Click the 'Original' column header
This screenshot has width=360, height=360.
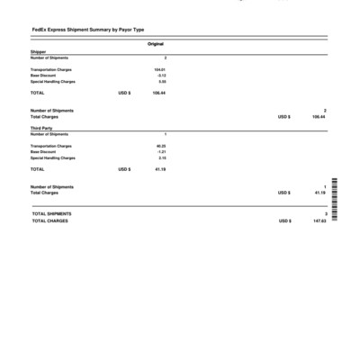(155, 44)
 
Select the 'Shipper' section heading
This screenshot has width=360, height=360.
(38, 52)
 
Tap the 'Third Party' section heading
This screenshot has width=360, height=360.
(41, 129)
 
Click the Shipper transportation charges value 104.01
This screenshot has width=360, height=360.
(159, 69)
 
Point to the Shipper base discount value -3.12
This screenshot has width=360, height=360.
(161, 76)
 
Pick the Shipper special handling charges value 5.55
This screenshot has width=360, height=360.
(162, 82)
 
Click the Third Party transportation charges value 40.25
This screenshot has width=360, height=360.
(161, 146)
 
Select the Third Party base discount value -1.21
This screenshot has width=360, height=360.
(161, 152)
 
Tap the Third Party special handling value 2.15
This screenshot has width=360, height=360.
(162, 158)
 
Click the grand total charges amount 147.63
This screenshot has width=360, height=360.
(319, 220)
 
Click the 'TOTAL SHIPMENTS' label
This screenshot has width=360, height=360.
(51, 213)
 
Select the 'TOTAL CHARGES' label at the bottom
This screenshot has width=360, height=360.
(49, 220)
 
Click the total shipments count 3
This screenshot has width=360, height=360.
(325, 213)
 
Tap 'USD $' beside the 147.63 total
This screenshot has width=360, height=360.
(284, 220)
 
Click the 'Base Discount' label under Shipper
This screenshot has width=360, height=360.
(42, 76)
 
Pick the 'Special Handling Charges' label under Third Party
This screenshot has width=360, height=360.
(52, 158)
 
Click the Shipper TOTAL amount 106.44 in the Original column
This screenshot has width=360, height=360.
(158, 93)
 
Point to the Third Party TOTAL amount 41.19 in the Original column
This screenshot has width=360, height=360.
(160, 169)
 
